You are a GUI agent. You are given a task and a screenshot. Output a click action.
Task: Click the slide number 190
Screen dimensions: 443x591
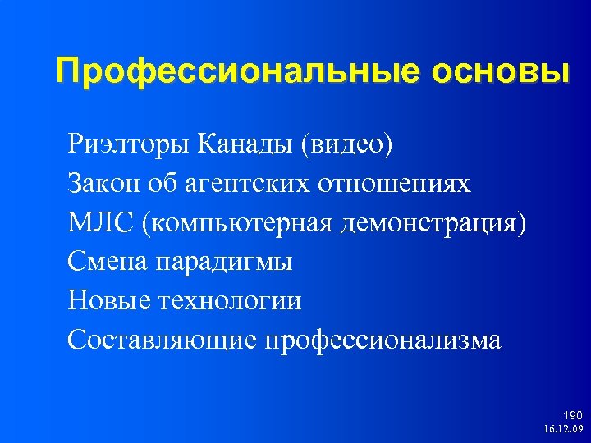tap(572, 416)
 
